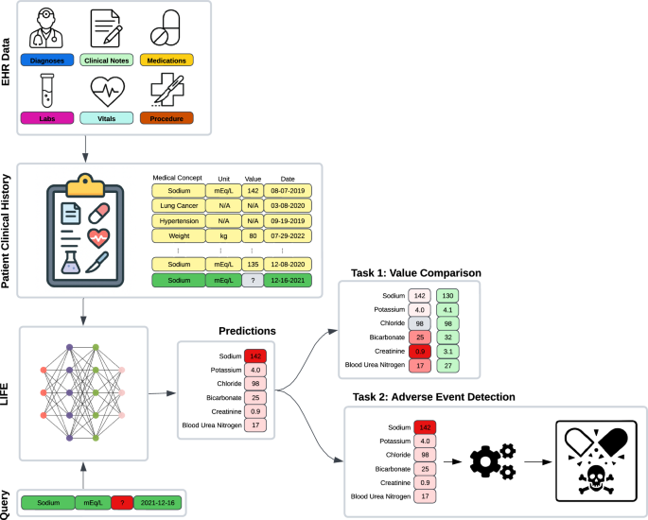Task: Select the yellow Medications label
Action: point(167,61)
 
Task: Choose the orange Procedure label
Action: point(167,118)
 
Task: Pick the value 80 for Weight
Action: point(252,234)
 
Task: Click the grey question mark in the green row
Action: point(252,280)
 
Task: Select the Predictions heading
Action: point(235,332)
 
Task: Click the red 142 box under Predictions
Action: point(254,355)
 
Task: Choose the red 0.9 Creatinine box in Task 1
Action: point(420,352)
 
